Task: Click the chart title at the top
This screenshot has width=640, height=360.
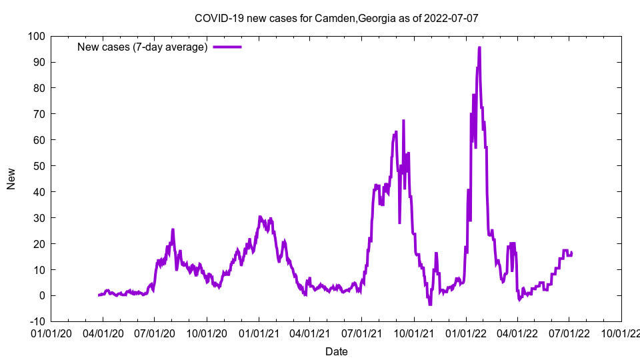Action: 336,18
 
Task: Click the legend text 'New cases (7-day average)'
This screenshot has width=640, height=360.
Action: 143,47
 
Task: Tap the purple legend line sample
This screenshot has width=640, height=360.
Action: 227,47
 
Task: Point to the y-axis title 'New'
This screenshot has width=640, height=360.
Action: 11,178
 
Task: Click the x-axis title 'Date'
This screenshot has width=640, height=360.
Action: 336,351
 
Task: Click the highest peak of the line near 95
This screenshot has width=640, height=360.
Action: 479,47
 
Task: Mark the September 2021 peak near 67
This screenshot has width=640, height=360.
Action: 403,121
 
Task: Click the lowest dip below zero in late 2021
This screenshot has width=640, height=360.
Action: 430,304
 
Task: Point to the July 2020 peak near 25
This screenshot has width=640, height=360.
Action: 173,230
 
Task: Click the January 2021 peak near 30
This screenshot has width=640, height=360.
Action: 260,217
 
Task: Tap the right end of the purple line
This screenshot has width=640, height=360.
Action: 571,252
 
